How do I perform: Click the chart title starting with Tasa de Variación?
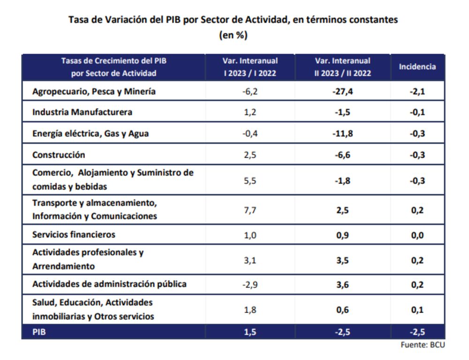click(233, 20)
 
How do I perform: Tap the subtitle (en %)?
click(233, 35)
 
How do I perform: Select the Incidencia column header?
click(417, 67)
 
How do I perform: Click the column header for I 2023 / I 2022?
click(250, 67)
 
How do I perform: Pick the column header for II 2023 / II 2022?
click(342, 67)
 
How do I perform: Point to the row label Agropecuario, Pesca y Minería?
click(94, 92)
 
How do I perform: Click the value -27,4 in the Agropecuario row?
click(342, 92)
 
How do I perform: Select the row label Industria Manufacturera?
click(82, 112)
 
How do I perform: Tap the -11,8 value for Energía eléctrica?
click(342, 133)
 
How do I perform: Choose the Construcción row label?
click(59, 154)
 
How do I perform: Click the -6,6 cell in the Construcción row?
click(342, 154)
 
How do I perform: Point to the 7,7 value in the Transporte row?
click(250, 210)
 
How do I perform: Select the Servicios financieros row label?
click(74, 234)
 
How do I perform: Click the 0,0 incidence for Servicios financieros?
click(417, 235)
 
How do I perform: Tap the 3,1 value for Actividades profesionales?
click(250, 260)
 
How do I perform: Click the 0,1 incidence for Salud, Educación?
click(417, 310)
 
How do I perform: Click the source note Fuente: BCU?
click(422, 345)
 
